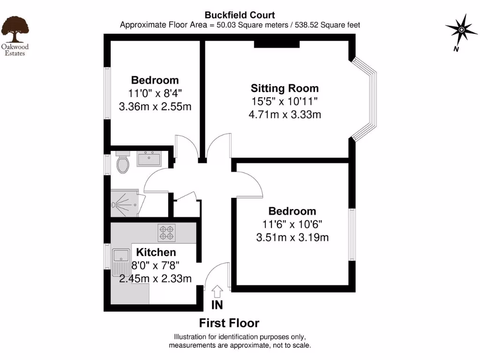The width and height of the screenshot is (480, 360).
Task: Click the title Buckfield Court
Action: pyautogui.click(x=240, y=15)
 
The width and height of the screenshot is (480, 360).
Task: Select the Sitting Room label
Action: pyautogui.click(x=285, y=88)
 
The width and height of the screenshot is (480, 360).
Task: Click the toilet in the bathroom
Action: pyautogui.click(x=123, y=164)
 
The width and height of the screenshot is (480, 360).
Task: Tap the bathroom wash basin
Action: pyautogui.click(x=149, y=158)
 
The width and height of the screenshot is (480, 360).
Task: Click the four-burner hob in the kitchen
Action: pyautogui.click(x=166, y=233)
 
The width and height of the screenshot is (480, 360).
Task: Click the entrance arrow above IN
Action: pyautogui.click(x=217, y=291)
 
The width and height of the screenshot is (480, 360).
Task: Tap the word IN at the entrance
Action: pyautogui.click(x=217, y=305)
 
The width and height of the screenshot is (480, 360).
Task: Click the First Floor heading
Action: pyautogui.click(x=229, y=323)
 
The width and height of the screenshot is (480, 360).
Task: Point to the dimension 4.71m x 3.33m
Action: pyautogui.click(x=285, y=114)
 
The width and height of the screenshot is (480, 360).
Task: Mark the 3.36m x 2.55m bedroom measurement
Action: pyautogui.click(x=155, y=106)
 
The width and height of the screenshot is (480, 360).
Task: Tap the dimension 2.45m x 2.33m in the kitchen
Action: pyautogui.click(x=155, y=279)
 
